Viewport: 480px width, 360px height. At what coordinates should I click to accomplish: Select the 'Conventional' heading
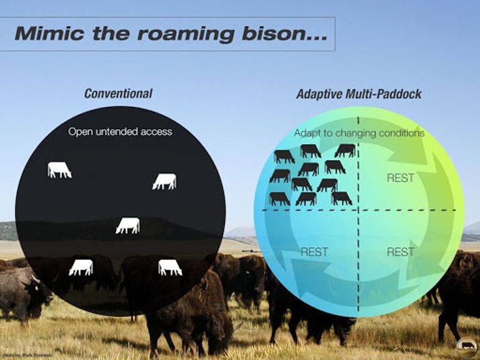click(x=118, y=94)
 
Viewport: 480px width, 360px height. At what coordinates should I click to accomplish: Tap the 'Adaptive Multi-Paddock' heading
click(x=358, y=94)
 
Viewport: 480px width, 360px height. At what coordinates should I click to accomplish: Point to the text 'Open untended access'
click(x=120, y=132)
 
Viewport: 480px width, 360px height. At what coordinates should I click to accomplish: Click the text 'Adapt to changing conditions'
click(x=359, y=133)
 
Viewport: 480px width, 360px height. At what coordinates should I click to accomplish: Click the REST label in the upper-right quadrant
click(x=400, y=178)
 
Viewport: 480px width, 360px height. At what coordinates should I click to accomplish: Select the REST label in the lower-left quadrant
click(x=314, y=252)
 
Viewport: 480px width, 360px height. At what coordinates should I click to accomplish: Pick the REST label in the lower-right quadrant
click(x=400, y=252)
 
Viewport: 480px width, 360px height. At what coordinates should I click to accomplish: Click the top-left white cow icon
click(x=59, y=169)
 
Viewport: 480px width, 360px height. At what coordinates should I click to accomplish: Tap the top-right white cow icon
click(x=164, y=181)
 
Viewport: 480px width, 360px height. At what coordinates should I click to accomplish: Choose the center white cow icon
click(x=127, y=226)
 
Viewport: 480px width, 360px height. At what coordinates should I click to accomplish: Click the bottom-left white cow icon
click(x=81, y=267)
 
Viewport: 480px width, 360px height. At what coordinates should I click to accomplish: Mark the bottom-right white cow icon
click(x=170, y=267)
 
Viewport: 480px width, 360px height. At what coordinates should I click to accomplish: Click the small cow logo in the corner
click(x=466, y=345)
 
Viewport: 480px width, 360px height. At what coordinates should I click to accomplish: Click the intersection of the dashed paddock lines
click(x=358, y=210)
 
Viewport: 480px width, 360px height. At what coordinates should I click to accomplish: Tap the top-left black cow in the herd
click(x=284, y=156)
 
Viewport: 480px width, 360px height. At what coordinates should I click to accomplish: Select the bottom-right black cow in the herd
click(x=341, y=198)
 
